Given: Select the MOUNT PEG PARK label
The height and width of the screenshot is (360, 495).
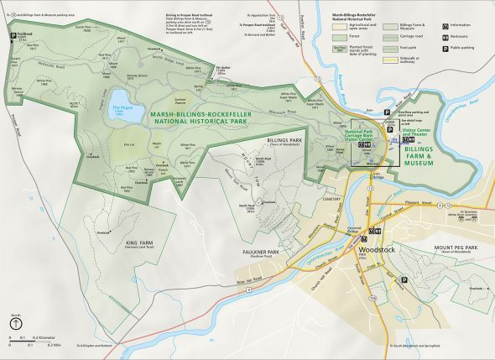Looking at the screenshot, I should (456, 248).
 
